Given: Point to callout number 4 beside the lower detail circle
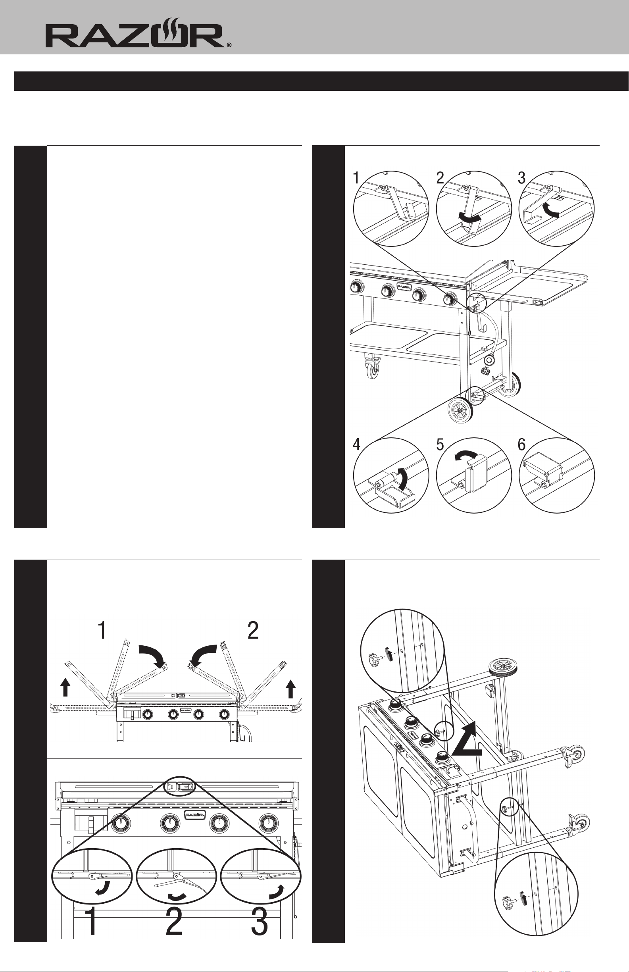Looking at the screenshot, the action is [357, 445].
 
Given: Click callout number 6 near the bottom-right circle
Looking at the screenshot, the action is [521, 445].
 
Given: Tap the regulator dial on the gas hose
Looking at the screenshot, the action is [489, 361].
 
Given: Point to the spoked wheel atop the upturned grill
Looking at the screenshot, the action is [502, 668].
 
